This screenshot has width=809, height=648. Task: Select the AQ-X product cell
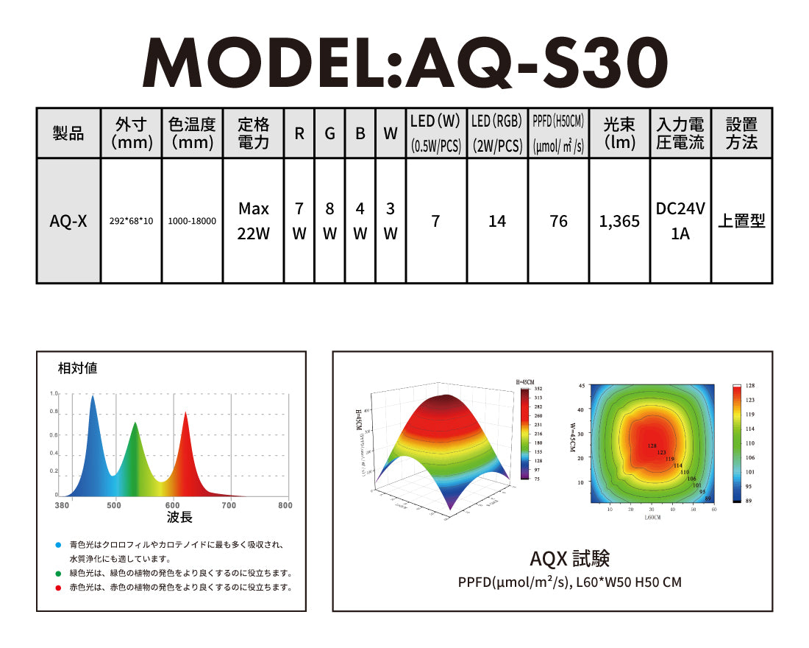[x=68, y=221]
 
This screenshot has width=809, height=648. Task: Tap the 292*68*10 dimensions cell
[x=131, y=221]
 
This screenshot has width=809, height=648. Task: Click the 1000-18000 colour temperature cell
[x=191, y=221]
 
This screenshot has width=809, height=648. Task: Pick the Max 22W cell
[x=254, y=221]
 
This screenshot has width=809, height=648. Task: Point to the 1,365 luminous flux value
[x=619, y=221]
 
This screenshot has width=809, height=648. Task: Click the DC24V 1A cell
[x=680, y=221]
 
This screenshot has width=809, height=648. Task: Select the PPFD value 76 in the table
[x=559, y=221]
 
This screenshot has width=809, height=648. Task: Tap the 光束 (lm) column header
[x=619, y=133]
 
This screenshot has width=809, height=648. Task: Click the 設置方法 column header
[x=741, y=133]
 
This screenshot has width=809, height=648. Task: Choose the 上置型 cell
[x=741, y=221]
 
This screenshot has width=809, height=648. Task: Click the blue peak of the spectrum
[x=93, y=398]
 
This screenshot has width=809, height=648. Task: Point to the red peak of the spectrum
[x=185, y=414]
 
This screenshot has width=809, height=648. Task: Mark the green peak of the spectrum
[x=135, y=424]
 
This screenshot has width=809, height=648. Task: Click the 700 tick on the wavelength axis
[x=229, y=505]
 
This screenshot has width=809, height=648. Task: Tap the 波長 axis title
[x=179, y=518]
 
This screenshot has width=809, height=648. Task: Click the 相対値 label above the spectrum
[x=77, y=367]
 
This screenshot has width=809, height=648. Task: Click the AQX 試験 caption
[x=569, y=557]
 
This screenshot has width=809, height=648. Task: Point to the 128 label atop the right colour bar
[x=750, y=385]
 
